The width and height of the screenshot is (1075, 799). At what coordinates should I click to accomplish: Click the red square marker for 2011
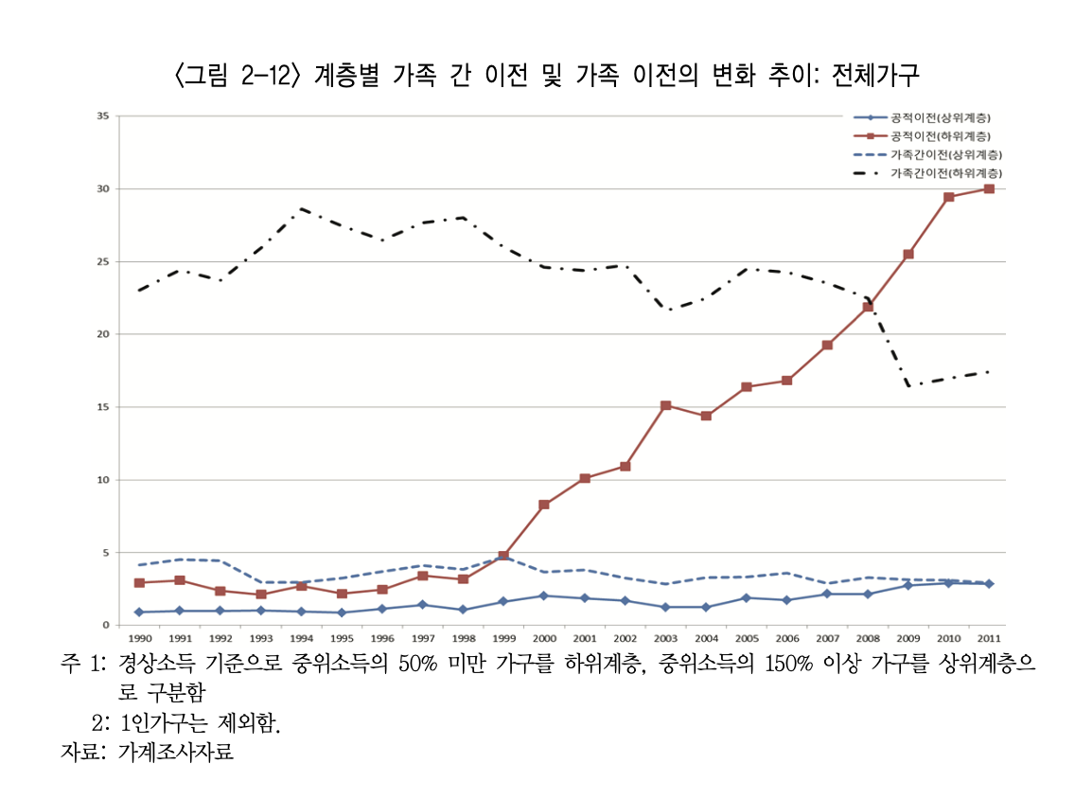[x=989, y=189]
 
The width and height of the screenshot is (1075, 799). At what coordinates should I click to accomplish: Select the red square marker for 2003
[x=665, y=405]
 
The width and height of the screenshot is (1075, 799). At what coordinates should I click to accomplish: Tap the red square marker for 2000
[x=544, y=505]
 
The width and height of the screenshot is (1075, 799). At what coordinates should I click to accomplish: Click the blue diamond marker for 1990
[x=139, y=612]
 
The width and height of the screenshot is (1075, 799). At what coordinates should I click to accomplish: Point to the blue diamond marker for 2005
[x=747, y=597]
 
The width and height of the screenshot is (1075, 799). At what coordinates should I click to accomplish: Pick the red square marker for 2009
[x=908, y=254]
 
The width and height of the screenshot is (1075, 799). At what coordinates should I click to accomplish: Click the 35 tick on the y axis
[x=103, y=116]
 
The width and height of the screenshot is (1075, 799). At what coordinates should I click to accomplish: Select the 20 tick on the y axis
[x=103, y=334]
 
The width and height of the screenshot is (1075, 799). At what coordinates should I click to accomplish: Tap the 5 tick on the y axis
[x=106, y=553]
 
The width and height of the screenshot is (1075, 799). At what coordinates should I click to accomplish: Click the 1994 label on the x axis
[x=301, y=638]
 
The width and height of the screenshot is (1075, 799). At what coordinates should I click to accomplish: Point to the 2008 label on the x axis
[x=868, y=638]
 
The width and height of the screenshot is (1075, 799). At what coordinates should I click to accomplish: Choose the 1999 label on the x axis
[x=503, y=638]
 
